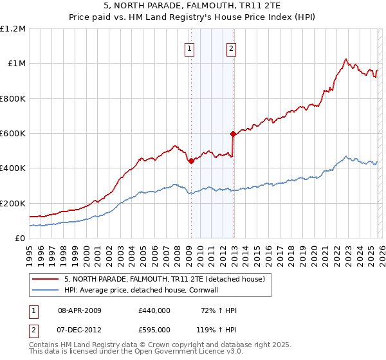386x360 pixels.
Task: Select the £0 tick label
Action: click(20, 238)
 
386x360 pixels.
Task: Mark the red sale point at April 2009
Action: click(191, 161)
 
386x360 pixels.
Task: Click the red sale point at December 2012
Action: click(233, 134)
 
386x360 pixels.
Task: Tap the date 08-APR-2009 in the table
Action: click(80, 310)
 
